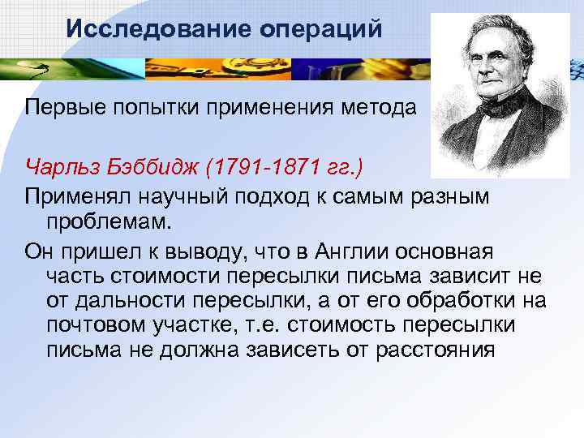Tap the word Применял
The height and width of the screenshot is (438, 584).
79,195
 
